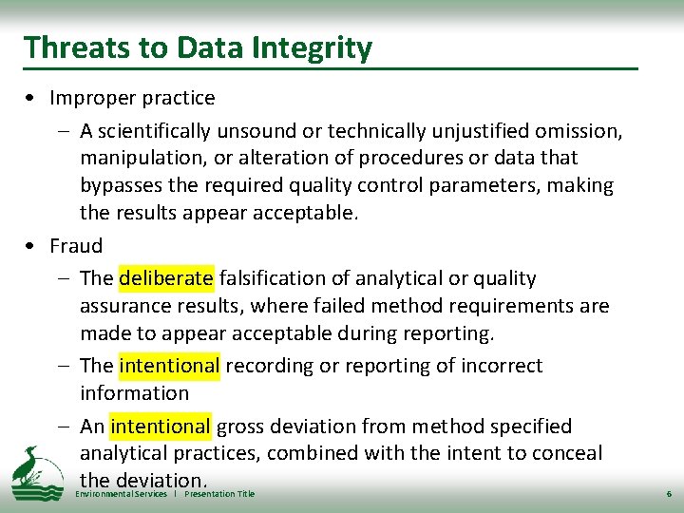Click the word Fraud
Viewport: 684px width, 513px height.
coord(76,246)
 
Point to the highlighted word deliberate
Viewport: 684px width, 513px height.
coord(166,278)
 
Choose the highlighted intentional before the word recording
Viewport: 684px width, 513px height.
coord(169,366)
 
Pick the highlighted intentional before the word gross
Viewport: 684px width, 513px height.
coord(160,427)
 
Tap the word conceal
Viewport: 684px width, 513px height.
coord(569,453)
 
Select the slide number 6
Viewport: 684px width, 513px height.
coord(668,495)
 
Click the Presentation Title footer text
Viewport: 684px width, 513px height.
coord(219,494)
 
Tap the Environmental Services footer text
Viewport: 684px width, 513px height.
coord(121,494)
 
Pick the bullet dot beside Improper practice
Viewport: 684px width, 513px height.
coord(32,99)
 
